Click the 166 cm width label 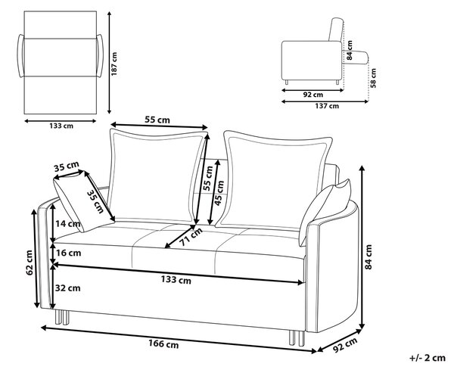pyautogui.click(x=163, y=343)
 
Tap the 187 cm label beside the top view pyautogui.click(x=114, y=64)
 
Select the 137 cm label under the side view pyautogui.click(x=327, y=106)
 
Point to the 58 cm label pyautogui.click(x=373, y=78)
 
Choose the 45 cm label pyautogui.click(x=219, y=193)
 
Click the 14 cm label pyautogui.click(x=68, y=223)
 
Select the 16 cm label pyautogui.click(x=68, y=253)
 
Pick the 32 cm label pyautogui.click(x=68, y=288)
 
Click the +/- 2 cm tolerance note pyautogui.click(x=427, y=358)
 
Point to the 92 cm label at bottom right pyautogui.click(x=345, y=345)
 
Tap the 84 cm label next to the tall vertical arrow pyautogui.click(x=368, y=257)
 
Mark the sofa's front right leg pyautogui.click(x=297, y=338)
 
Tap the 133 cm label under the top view pyautogui.click(x=61, y=126)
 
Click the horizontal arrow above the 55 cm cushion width pyautogui.click(x=159, y=126)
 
